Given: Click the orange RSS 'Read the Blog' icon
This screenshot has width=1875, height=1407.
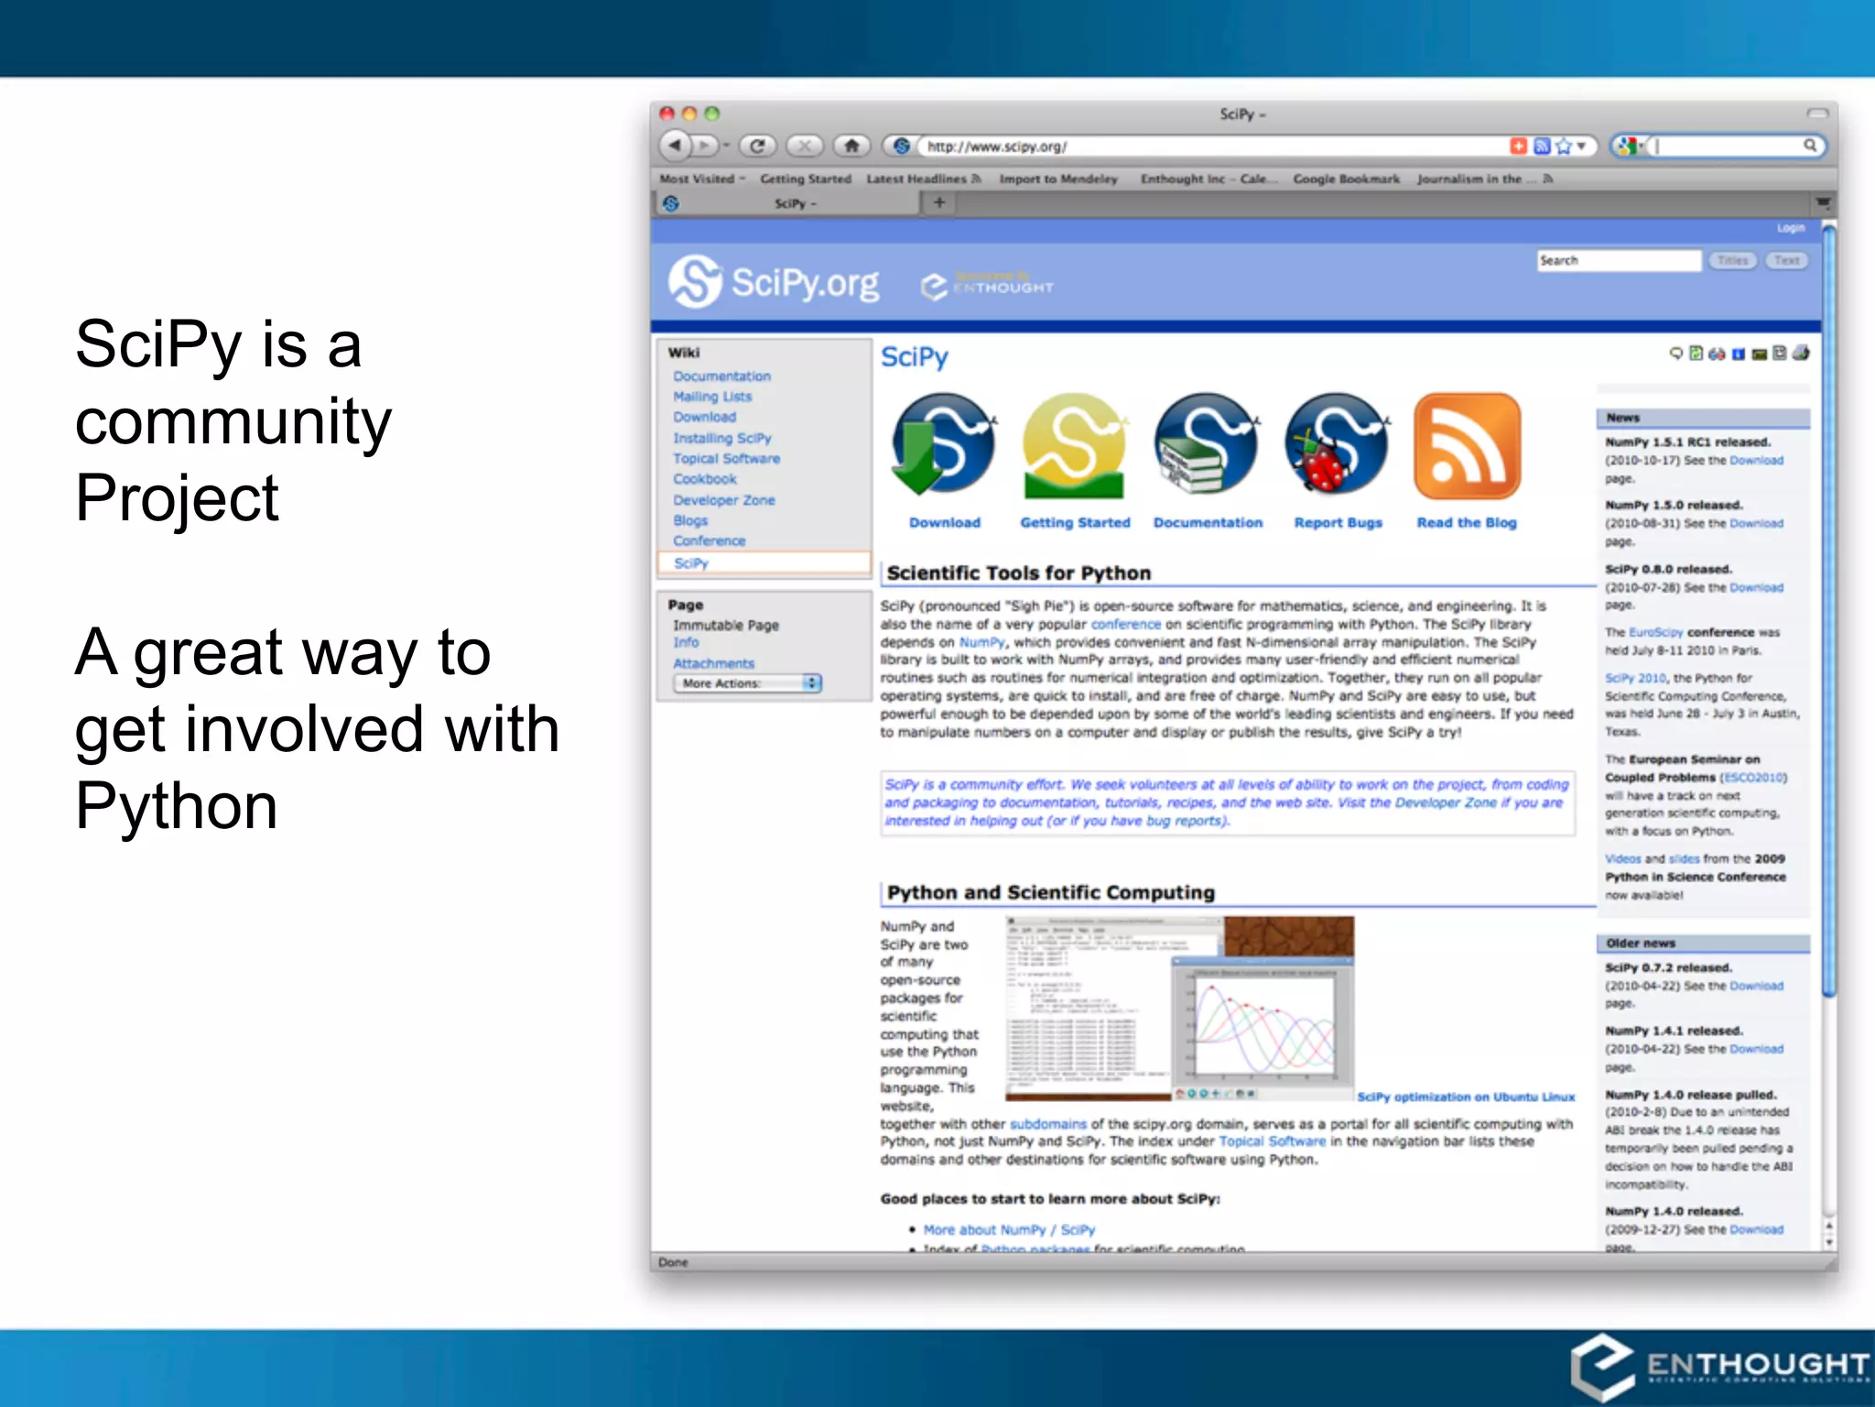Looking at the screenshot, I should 1467,446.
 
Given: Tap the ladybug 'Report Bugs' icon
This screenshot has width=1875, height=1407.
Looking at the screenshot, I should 1337,446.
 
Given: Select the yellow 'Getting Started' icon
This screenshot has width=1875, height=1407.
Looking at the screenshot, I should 1074,446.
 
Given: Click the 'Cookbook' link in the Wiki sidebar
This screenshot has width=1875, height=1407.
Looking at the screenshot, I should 704,479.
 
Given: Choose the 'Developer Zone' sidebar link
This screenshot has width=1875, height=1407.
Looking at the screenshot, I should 723,500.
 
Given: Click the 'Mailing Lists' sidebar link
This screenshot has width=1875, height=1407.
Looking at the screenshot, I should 711,397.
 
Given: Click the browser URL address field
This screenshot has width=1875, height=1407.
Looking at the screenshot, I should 1208,147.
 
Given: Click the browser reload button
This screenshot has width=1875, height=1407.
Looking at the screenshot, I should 757,146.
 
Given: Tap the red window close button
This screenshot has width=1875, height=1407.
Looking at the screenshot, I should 667,114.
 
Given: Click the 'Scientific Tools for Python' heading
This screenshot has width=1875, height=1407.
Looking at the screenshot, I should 1018,573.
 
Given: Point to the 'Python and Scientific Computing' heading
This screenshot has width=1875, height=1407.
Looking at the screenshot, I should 1050,892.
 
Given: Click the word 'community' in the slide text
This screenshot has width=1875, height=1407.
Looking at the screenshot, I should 233,422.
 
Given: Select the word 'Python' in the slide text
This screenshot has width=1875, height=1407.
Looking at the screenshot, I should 176,806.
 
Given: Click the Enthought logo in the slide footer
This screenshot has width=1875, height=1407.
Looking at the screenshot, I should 1718,1366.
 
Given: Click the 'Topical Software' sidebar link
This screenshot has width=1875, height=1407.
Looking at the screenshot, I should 726,459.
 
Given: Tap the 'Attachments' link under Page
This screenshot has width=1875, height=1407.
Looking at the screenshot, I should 713,663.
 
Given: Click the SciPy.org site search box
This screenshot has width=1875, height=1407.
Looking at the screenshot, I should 1618,261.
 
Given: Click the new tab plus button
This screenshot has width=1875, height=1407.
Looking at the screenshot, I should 938,202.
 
